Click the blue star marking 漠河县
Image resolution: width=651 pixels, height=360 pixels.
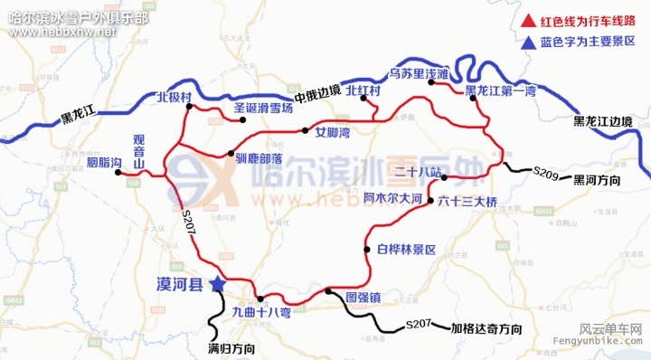[x=217, y=284]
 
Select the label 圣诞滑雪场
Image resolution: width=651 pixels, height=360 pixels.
[x=263, y=108]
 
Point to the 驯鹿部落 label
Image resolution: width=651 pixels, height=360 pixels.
[x=262, y=155]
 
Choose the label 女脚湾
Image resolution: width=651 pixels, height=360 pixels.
[x=333, y=131]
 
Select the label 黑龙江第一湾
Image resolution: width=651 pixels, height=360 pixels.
[x=501, y=91]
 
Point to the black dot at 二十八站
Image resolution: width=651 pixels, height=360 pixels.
[x=444, y=177]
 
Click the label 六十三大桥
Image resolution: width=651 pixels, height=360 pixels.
[x=467, y=201]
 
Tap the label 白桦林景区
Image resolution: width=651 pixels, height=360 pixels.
[x=407, y=249]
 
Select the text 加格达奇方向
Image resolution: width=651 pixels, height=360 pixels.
[x=486, y=327]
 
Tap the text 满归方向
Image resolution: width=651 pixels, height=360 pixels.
[x=231, y=347]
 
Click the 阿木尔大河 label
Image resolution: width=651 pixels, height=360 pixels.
[x=393, y=197]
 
